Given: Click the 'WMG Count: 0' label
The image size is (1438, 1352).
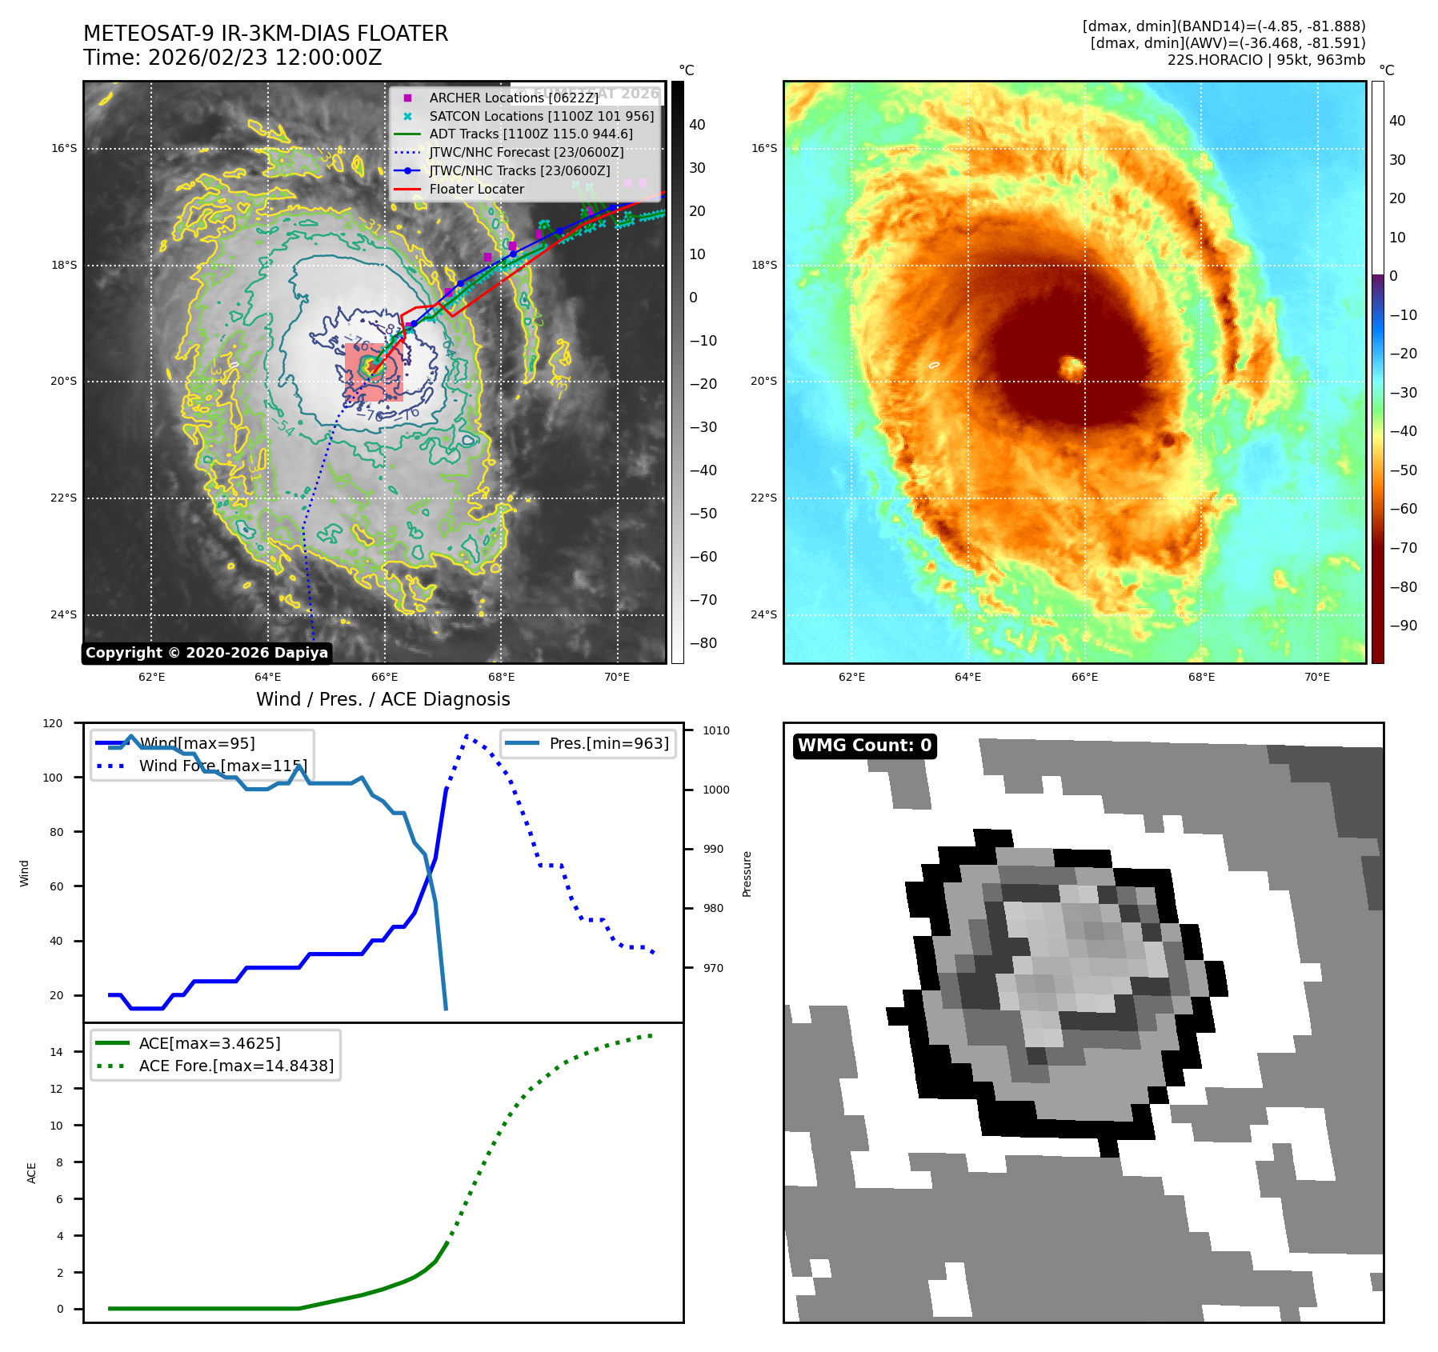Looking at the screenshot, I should [864, 746].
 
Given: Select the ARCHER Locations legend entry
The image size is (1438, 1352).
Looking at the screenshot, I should [513, 98].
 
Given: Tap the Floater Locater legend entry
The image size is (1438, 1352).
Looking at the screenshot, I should [476, 189].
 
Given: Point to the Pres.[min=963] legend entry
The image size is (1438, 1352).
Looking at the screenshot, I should [608, 743].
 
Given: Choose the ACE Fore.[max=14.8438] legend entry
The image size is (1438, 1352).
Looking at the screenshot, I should [236, 1066].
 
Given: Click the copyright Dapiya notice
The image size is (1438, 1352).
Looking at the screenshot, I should [206, 653].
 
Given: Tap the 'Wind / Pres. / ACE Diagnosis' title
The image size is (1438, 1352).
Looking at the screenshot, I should [383, 699].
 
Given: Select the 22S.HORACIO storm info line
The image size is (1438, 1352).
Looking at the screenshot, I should [1266, 60].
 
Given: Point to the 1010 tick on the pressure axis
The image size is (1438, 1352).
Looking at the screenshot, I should [715, 730].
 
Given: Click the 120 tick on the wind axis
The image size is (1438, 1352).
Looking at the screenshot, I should [53, 723].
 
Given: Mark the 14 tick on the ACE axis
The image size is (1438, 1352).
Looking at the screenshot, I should [57, 1052].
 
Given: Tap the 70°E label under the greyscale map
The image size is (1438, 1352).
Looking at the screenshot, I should [617, 677].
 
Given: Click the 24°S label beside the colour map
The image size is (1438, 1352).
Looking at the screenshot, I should [763, 614].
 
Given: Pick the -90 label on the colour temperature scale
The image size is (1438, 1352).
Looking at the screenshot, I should [1403, 626].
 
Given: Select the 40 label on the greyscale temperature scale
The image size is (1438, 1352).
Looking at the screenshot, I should [697, 125].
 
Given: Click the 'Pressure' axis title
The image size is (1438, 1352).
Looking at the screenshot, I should [747, 874].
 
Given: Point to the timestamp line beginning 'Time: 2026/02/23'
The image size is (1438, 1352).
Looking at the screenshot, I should [232, 58].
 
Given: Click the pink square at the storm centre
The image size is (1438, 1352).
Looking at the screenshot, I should [374, 372].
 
